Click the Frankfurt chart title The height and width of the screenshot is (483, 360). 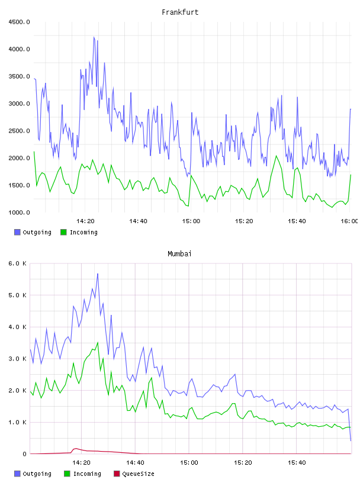pyautogui.click(x=180, y=12)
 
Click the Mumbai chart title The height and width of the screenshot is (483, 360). pyautogui.click(x=179, y=254)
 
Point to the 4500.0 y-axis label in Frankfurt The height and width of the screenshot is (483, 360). pyautogui.click(x=19, y=22)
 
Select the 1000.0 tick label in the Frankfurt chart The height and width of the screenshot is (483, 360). pyautogui.click(x=19, y=212)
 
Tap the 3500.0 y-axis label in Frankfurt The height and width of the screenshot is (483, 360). pyautogui.click(x=19, y=76)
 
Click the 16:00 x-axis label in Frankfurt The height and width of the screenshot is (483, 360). pyautogui.click(x=349, y=221)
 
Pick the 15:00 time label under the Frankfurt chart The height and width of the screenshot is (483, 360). pyautogui.click(x=191, y=221)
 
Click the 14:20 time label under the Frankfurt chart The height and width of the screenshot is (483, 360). pyautogui.click(x=85, y=221)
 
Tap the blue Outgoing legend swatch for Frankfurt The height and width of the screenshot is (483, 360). pyautogui.click(x=17, y=232)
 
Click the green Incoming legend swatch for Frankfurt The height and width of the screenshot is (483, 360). pyautogui.click(x=63, y=232)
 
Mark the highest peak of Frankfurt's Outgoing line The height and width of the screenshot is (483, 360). pyautogui.click(x=94, y=37)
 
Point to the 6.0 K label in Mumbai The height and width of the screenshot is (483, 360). pyautogui.click(x=17, y=263)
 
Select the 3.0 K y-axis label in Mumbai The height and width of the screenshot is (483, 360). pyautogui.click(x=17, y=359)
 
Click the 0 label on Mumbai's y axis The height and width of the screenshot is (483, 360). pyautogui.click(x=25, y=454)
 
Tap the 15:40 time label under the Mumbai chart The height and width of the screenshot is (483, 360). pyautogui.click(x=297, y=463)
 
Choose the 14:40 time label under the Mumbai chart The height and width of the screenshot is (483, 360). pyautogui.click(x=135, y=463)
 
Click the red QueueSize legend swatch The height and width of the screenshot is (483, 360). pyautogui.click(x=117, y=474)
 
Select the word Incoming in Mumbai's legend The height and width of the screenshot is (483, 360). pyautogui.click(x=87, y=474)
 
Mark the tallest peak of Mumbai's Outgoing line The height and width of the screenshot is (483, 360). pyautogui.click(x=98, y=273)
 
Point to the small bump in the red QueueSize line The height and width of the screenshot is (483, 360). pyautogui.click(x=76, y=449)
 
